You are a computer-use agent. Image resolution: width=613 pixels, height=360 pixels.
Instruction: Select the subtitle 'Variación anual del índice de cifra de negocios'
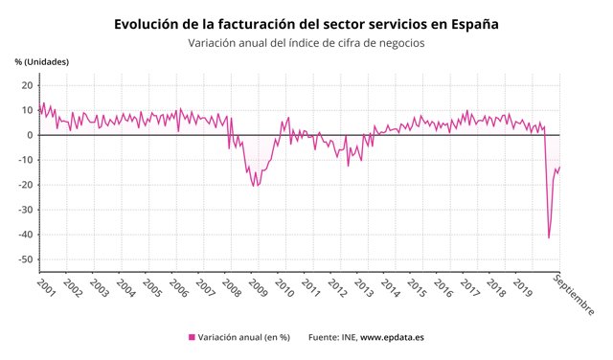[306, 43]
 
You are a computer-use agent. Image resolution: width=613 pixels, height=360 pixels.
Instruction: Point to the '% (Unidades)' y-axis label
[42, 62]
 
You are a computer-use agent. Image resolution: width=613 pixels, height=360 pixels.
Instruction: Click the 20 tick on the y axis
[28, 85]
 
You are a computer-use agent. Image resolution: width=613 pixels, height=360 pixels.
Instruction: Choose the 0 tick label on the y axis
[31, 135]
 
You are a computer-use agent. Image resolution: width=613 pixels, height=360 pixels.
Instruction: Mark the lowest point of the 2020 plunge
[549, 237]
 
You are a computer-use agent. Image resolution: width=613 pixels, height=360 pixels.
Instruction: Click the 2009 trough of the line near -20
[254, 185]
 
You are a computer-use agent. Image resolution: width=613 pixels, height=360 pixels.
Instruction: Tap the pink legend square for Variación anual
[192, 338]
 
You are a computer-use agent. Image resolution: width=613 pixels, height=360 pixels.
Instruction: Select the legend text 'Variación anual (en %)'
[243, 338]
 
